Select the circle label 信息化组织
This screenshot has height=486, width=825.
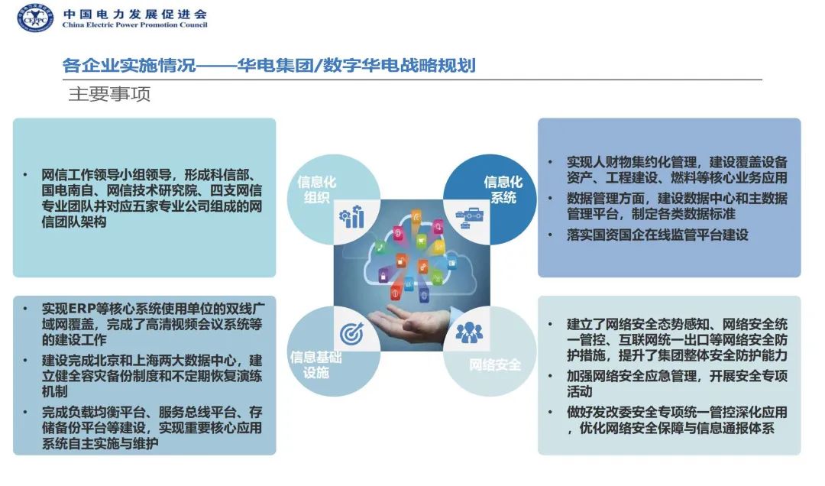316,190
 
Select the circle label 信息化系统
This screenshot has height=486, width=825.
503,190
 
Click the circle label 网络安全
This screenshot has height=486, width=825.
495,364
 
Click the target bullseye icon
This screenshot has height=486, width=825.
352,333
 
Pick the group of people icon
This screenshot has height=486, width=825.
469,332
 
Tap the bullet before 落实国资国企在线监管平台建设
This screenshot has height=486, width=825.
551,235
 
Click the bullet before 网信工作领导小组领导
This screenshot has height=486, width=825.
27,175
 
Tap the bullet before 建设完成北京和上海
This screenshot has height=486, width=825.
27,361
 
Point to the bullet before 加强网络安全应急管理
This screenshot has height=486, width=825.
551,377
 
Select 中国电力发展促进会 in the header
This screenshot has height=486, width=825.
134,13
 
